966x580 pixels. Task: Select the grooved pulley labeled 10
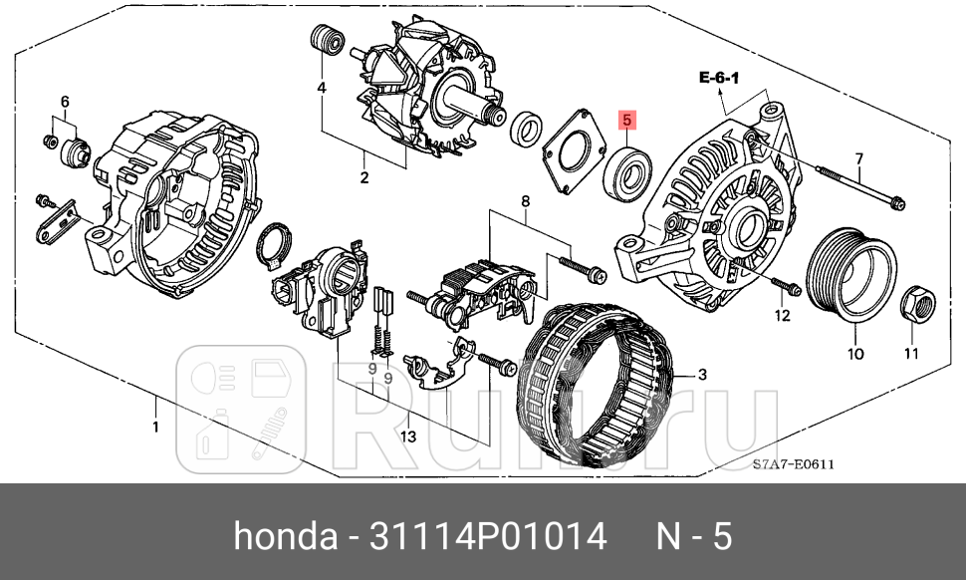click(849, 276)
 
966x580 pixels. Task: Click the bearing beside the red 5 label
click(628, 170)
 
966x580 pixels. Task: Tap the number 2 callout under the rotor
click(364, 178)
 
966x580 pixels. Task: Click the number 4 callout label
click(322, 89)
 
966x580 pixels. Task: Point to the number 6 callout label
click(65, 102)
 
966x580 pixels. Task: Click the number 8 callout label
click(525, 202)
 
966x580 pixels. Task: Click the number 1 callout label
click(154, 428)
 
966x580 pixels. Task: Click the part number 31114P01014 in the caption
click(487, 537)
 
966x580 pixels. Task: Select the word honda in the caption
click(285, 537)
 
